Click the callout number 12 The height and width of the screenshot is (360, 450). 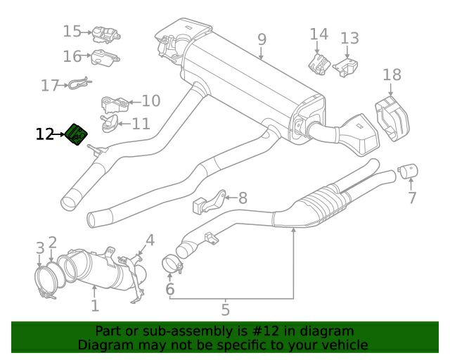(45, 134)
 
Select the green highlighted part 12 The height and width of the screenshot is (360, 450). (76, 134)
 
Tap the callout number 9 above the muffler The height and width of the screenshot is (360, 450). (262, 39)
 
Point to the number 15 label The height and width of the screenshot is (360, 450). (72, 32)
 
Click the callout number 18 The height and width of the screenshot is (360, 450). (392, 75)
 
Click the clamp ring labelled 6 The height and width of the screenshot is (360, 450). (172, 265)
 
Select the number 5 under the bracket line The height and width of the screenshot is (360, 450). (225, 309)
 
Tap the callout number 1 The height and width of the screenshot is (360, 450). (95, 306)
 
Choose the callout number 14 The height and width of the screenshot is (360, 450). (319, 34)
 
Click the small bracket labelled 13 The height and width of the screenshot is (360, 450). (345, 67)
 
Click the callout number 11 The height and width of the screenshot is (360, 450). (141, 124)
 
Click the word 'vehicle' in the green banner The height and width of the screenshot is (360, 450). (342, 345)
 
